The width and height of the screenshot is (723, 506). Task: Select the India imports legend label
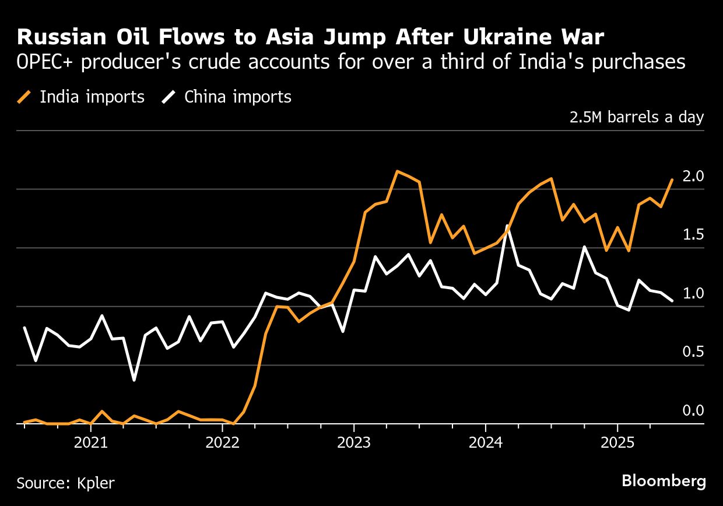(92, 97)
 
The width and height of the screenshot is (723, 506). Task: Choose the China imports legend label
(237, 97)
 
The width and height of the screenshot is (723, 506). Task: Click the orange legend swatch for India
(24, 97)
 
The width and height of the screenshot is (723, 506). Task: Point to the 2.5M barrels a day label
(636, 117)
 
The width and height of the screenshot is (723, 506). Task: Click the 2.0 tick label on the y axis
(693, 176)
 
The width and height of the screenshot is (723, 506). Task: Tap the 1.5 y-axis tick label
(693, 235)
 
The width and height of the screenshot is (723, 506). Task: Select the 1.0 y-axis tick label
(693, 294)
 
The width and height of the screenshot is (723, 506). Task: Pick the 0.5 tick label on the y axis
(693, 352)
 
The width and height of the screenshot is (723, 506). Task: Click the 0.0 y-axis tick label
(693, 411)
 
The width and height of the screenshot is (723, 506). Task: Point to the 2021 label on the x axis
(91, 442)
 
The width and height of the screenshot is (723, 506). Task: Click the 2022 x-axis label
(223, 442)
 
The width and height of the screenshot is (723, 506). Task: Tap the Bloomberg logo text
(664, 482)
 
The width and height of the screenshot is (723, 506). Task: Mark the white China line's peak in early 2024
(508, 226)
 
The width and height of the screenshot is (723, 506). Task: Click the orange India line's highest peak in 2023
(397, 171)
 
